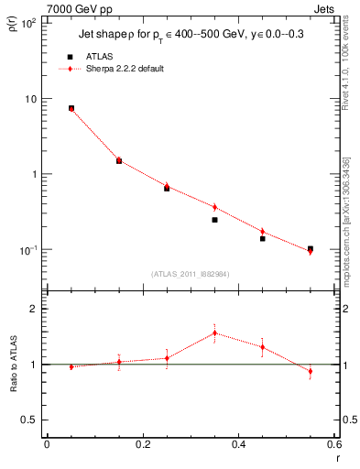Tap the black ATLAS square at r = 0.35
pyautogui.click(x=214, y=220)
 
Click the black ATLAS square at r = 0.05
pyautogui.click(x=71, y=108)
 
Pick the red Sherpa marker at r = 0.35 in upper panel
pyautogui.click(x=214, y=207)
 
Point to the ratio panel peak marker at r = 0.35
pyautogui.click(x=214, y=333)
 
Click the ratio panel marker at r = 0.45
pyautogui.click(x=262, y=347)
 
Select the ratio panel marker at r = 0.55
pyautogui.click(x=311, y=371)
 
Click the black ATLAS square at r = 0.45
pyautogui.click(x=262, y=238)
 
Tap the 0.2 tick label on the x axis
pyautogui.click(x=142, y=444)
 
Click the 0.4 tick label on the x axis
pyautogui.click(x=238, y=444)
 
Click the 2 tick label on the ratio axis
pyautogui.click(x=34, y=309)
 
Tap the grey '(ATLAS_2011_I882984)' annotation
pyautogui.click(x=191, y=273)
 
